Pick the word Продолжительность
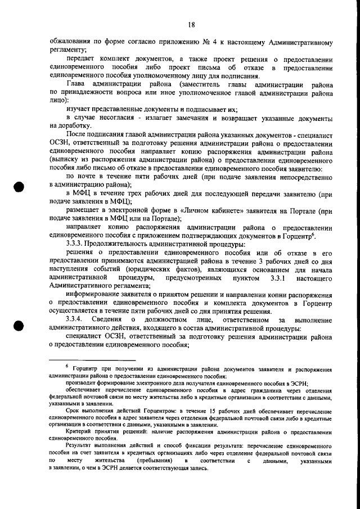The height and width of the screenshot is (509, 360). coord(123,245)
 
